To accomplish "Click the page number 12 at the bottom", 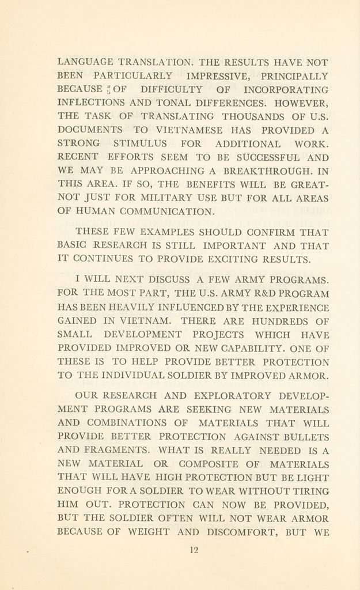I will point(193,550).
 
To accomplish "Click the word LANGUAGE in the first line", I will point(85,62).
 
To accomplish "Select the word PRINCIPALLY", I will point(295,76).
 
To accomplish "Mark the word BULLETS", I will point(306,437).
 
